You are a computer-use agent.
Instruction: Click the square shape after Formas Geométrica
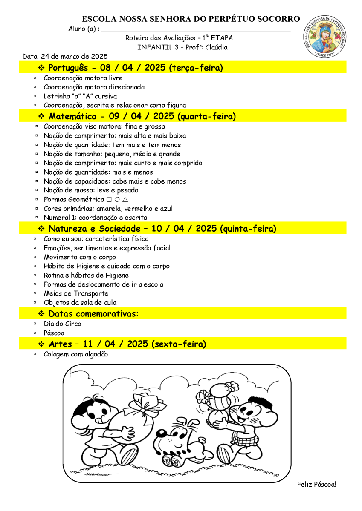pos(109,200)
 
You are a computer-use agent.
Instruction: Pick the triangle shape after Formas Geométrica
pos(125,200)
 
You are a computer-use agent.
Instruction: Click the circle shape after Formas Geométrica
pos(117,200)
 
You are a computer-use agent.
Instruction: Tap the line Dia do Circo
pos(62,324)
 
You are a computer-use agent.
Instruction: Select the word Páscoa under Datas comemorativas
pos(54,333)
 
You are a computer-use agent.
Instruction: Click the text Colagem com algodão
pos(76,354)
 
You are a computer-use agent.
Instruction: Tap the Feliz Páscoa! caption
pos(316,485)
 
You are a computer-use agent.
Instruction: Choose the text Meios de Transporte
pos(76,293)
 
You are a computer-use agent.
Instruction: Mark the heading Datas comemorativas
pos(93,314)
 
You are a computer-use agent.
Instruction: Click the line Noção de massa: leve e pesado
pos(91,190)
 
